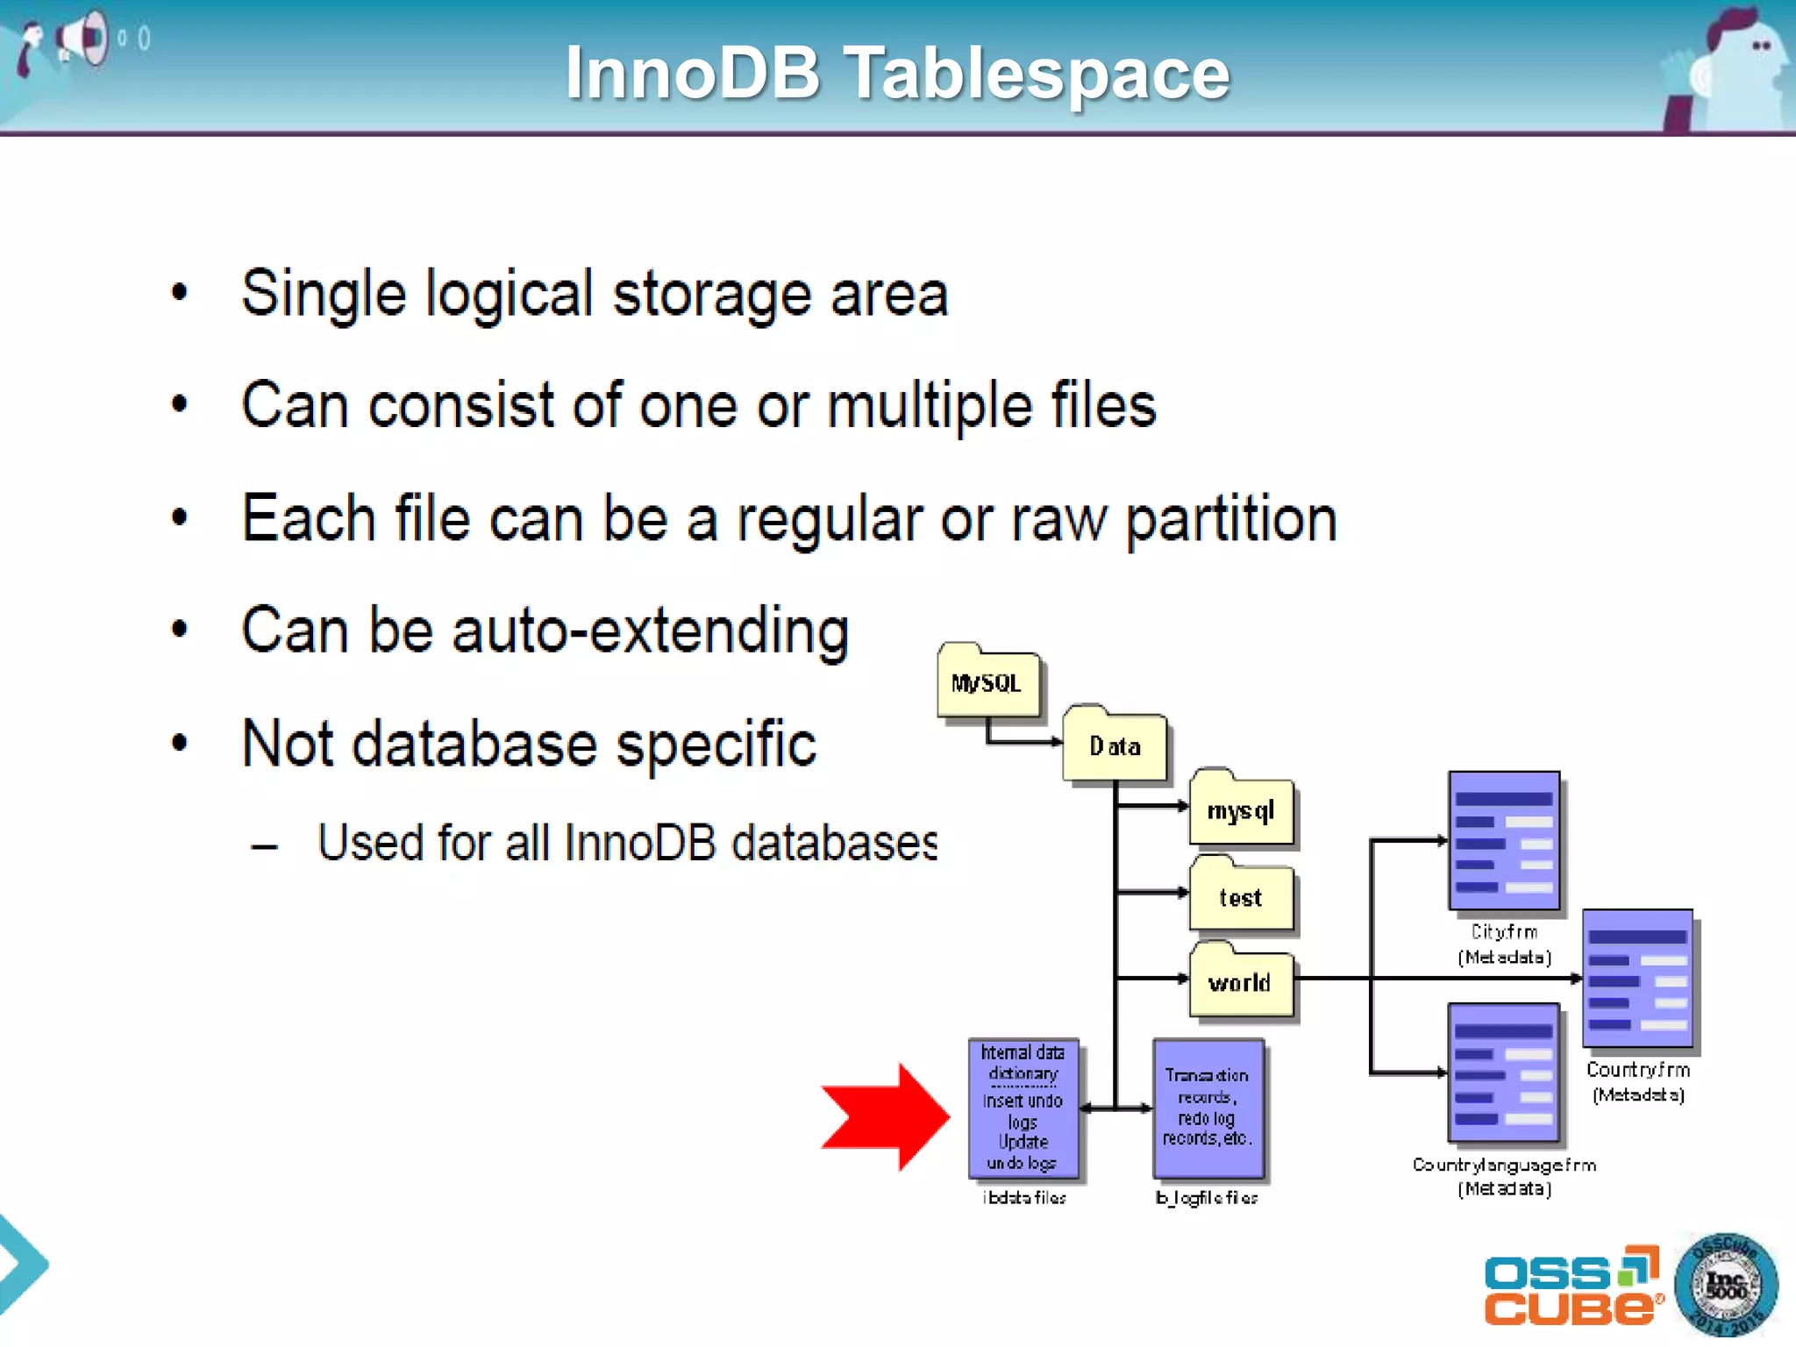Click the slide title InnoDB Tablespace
[x=897, y=73]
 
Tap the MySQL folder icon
[x=987, y=683]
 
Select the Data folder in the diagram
[x=1115, y=745]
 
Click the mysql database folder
[x=1241, y=810]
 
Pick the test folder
[x=1241, y=896]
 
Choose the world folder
[x=1241, y=982]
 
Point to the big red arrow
[x=885, y=1116]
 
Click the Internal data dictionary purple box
[x=1023, y=1108]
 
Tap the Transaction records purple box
[x=1208, y=1108]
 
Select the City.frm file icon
[x=1504, y=840]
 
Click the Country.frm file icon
[x=1638, y=978]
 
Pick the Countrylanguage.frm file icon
[x=1504, y=1072]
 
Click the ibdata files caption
[x=1024, y=1198]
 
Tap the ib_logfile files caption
[x=1208, y=1198]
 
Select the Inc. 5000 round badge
[x=1726, y=1285]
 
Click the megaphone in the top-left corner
[x=83, y=39]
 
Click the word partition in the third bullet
[x=1231, y=519]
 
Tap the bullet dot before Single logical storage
[x=180, y=293]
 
